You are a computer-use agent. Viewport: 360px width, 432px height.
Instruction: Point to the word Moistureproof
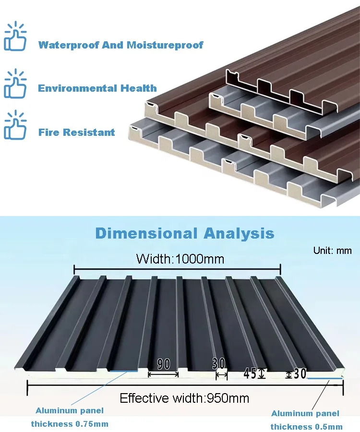pos(165,45)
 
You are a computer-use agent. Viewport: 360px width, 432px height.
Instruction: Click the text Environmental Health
pos(97,88)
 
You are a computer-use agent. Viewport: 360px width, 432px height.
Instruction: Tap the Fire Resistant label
pos(77,132)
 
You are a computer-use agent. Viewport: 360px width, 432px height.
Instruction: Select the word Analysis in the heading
pos(239,234)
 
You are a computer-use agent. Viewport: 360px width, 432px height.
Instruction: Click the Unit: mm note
pos(332,251)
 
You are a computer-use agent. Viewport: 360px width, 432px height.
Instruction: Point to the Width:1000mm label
pos(180,260)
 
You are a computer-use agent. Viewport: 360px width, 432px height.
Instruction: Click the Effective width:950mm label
pos(184,398)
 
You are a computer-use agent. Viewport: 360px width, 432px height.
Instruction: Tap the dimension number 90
pos(164,364)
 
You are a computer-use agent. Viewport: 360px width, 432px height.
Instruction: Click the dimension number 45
pos(250,373)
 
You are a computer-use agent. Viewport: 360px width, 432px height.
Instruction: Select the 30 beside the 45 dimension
pos(300,373)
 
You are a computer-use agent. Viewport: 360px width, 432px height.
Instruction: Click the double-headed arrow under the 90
pos(163,374)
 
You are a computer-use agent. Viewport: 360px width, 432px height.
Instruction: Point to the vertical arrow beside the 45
pos(261,373)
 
